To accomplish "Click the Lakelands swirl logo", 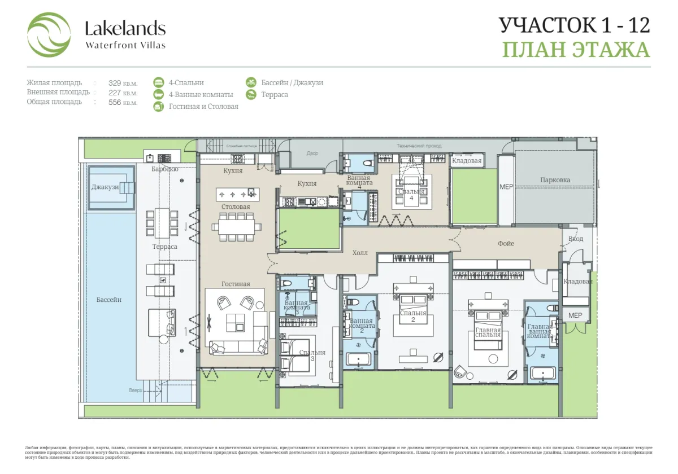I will click(49, 35).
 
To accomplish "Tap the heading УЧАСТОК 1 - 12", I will click(575, 25).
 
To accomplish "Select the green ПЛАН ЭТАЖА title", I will click(576, 50).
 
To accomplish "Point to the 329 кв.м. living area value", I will click(123, 83).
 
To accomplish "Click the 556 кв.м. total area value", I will click(123, 102).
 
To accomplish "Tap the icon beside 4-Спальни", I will click(159, 82).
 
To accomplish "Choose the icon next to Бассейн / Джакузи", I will click(251, 82).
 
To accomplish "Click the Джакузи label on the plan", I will click(105, 187).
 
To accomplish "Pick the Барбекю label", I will click(165, 169).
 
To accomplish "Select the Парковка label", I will click(555, 180).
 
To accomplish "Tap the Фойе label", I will click(506, 243).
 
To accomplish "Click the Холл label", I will click(360, 253).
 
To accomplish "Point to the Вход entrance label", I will click(576, 239).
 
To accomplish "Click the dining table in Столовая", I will click(237, 227).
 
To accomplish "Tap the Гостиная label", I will click(236, 284).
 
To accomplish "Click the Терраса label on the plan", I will click(164, 247).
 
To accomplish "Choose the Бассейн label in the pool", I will click(108, 300).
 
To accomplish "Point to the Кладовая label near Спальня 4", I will click(467, 161).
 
